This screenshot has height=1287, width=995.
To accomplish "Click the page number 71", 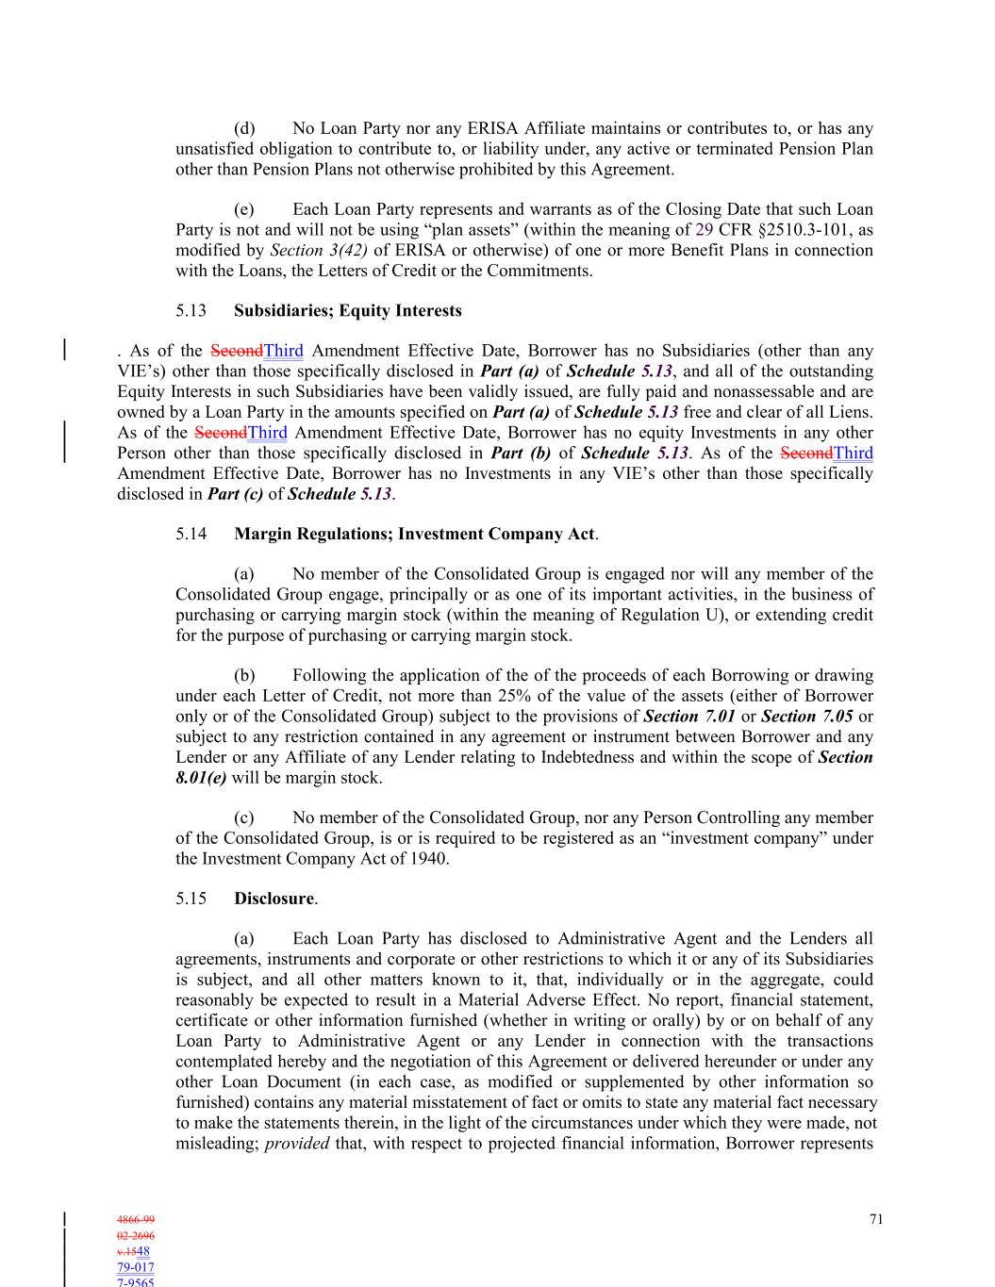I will coord(876,1219).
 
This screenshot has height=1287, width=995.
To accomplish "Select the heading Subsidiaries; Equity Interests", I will coord(348,311).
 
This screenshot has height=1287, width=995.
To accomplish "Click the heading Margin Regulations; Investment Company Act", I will coord(414,535).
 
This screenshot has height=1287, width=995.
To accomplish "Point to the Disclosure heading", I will coord(274,899).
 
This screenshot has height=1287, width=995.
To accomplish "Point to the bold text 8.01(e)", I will coord(201,779).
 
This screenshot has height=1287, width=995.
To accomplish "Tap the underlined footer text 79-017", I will coord(136,1268).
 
